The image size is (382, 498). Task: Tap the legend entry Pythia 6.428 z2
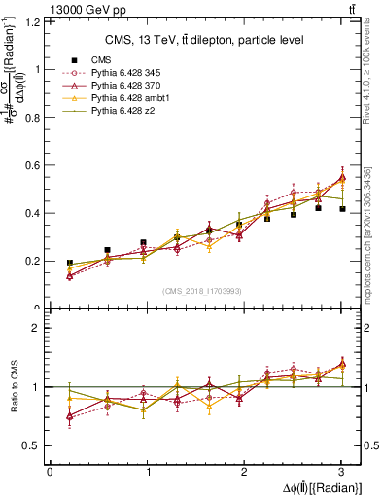(123, 113)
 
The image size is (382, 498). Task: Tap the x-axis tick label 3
(341, 472)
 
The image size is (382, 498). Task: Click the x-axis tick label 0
(50, 472)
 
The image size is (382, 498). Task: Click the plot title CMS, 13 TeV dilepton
(204, 40)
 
